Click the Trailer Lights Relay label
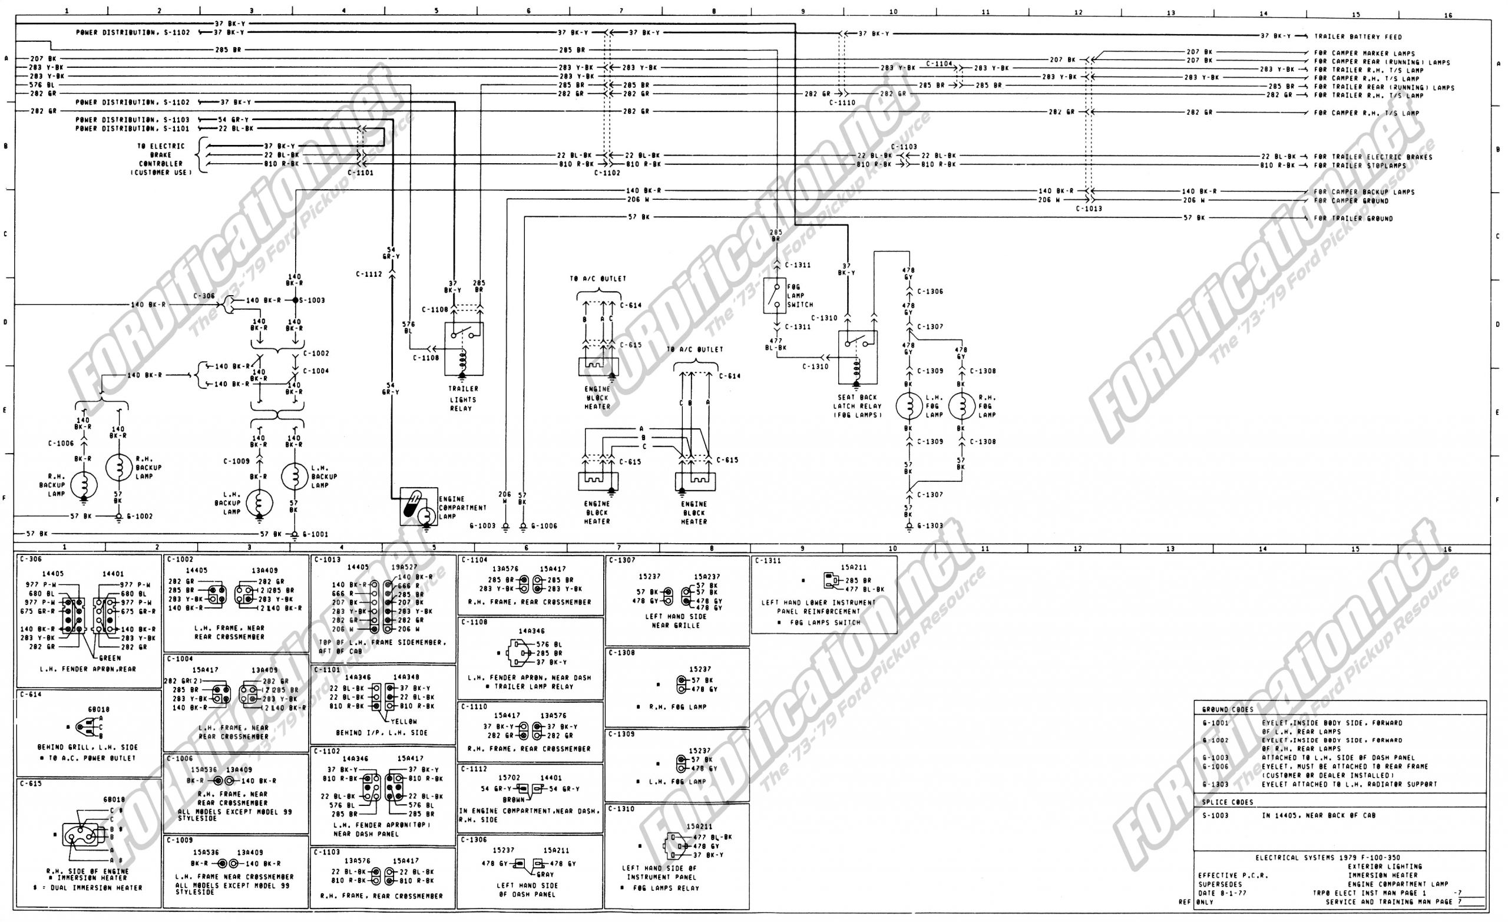click(x=462, y=399)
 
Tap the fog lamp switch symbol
click(x=775, y=296)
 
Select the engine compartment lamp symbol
click(x=419, y=506)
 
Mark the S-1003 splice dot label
click(x=312, y=300)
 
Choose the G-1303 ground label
click(x=930, y=526)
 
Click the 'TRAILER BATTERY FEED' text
click(x=1357, y=37)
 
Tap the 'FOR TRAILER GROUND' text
click(x=1353, y=219)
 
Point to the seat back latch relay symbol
click(x=858, y=358)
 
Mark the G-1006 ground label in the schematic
click(x=544, y=526)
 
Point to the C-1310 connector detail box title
click(x=622, y=809)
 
